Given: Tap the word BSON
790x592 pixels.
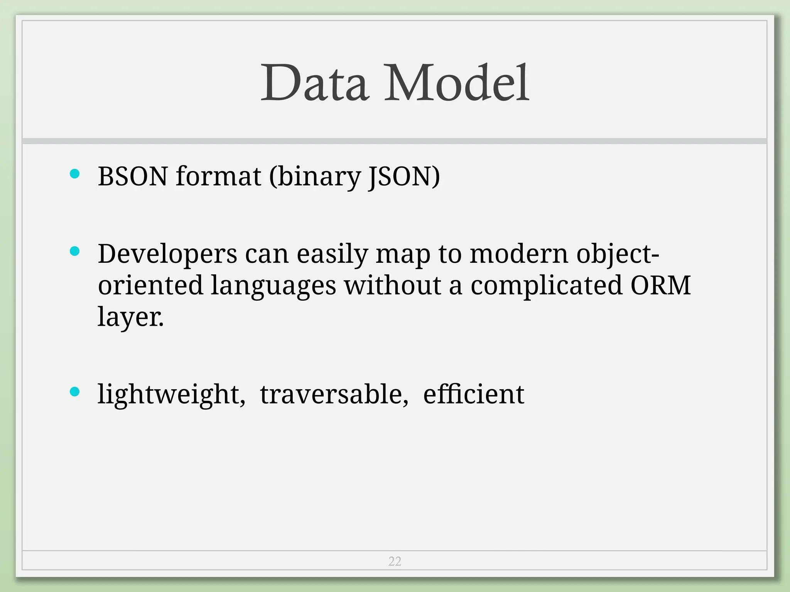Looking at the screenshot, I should [x=133, y=177].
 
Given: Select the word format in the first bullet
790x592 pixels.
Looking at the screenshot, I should [x=218, y=177].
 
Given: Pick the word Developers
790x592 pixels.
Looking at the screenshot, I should [x=167, y=254].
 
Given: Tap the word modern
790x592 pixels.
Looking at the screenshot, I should [x=519, y=254].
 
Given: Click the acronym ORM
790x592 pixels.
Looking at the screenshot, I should [x=660, y=286].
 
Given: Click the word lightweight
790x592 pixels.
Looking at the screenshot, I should [x=171, y=395].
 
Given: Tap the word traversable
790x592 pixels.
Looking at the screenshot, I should [x=334, y=395].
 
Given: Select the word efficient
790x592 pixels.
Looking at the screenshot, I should [x=474, y=394].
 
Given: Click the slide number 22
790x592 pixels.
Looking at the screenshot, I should [x=395, y=561].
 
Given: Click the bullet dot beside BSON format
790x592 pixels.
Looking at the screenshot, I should [x=75, y=174].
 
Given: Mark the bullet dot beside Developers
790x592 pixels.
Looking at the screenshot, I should [x=75, y=252].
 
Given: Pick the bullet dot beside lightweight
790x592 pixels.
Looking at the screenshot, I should [x=75, y=392].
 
